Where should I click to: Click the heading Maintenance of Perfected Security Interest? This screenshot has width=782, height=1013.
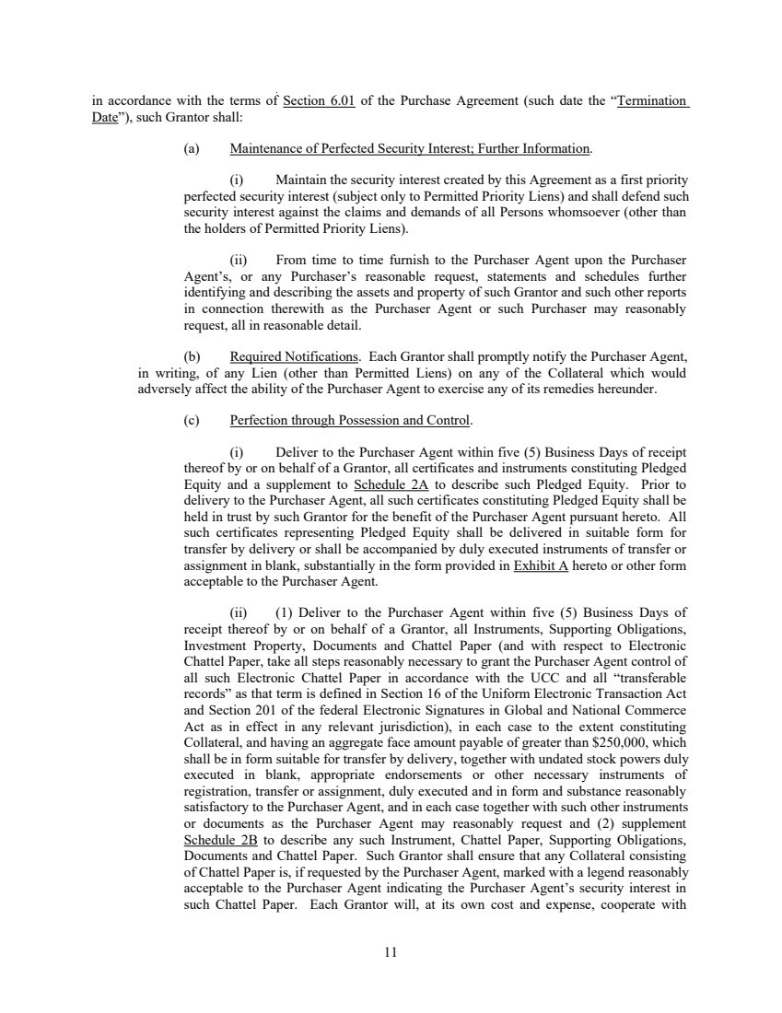click(410, 148)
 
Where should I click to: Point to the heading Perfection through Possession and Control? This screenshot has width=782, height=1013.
click(350, 421)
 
